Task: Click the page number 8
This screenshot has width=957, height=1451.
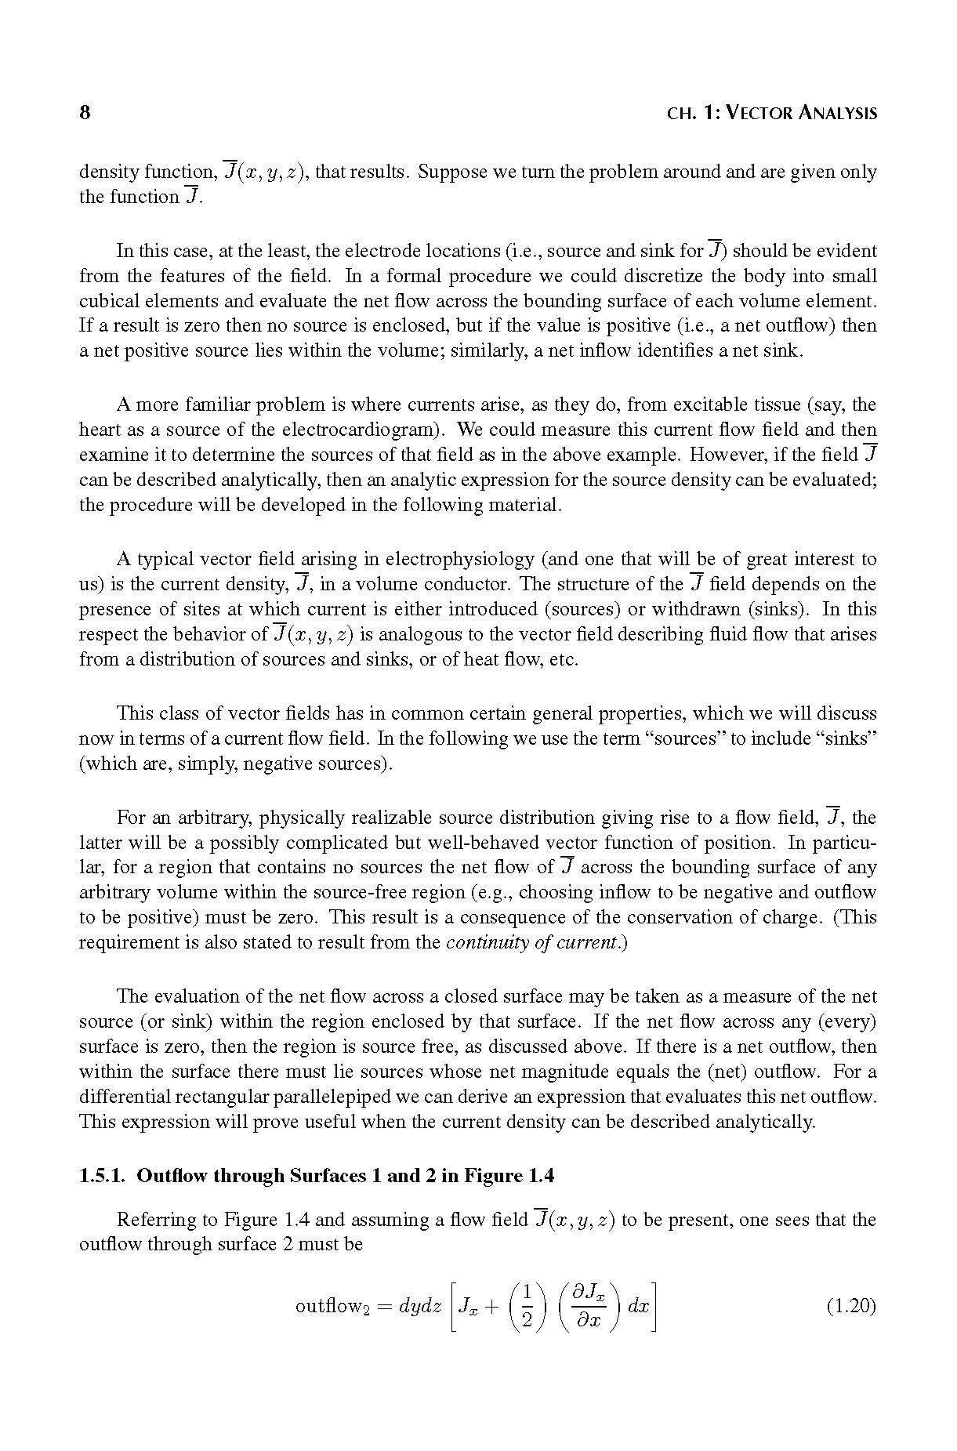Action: click(x=85, y=112)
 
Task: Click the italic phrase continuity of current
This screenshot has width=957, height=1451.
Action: click(x=535, y=942)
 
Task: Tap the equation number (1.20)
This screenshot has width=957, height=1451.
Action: click(x=851, y=1307)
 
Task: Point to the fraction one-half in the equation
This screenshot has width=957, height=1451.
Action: click(x=527, y=1307)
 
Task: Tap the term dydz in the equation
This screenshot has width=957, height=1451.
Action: click(x=421, y=1307)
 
